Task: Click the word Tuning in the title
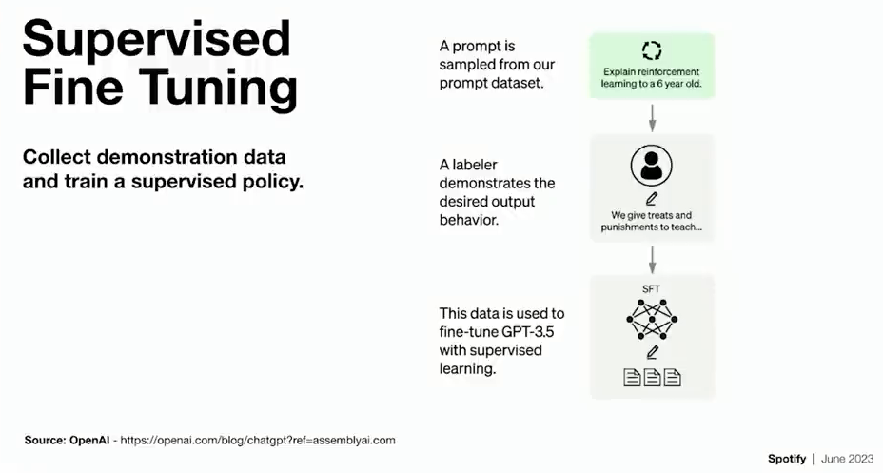(218, 88)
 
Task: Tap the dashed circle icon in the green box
(652, 50)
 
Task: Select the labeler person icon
(652, 166)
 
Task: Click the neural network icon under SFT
(652, 319)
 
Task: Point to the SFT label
(651, 289)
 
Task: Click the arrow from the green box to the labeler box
(652, 117)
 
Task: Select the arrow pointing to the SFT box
(652, 260)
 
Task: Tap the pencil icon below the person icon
(652, 199)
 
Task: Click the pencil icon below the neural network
(652, 352)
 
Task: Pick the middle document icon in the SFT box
(652, 377)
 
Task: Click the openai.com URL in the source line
(258, 441)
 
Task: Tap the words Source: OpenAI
(67, 441)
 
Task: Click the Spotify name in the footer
(787, 459)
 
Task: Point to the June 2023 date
(848, 459)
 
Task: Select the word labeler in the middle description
(476, 165)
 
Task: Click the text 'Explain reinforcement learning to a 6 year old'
(652, 78)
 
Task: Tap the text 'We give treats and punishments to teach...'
(652, 221)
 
